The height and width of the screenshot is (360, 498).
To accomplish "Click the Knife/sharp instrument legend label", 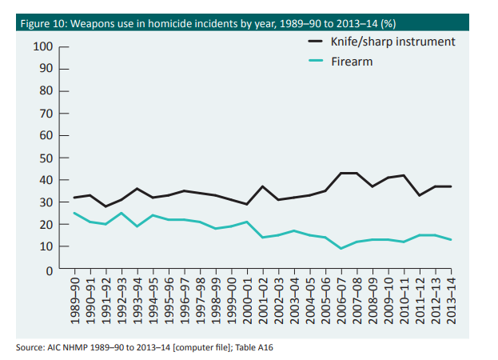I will coord(392,41).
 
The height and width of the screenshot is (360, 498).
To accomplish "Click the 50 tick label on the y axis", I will coord(46,158).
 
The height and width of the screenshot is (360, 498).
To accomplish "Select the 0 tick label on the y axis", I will coord(49,270).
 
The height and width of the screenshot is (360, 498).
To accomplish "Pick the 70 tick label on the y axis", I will coord(46,114).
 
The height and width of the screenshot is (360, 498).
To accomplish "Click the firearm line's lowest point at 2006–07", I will coord(341,249).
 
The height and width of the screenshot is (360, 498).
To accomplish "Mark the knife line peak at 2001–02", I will coord(263,186).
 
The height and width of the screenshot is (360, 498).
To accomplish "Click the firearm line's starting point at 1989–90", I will coord(74,213).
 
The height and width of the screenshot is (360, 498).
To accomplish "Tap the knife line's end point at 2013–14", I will coord(452,186).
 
